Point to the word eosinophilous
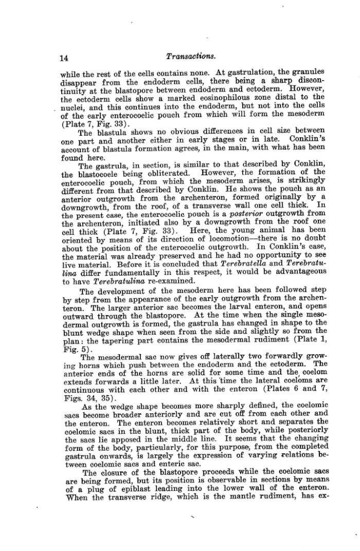tap(237, 97)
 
